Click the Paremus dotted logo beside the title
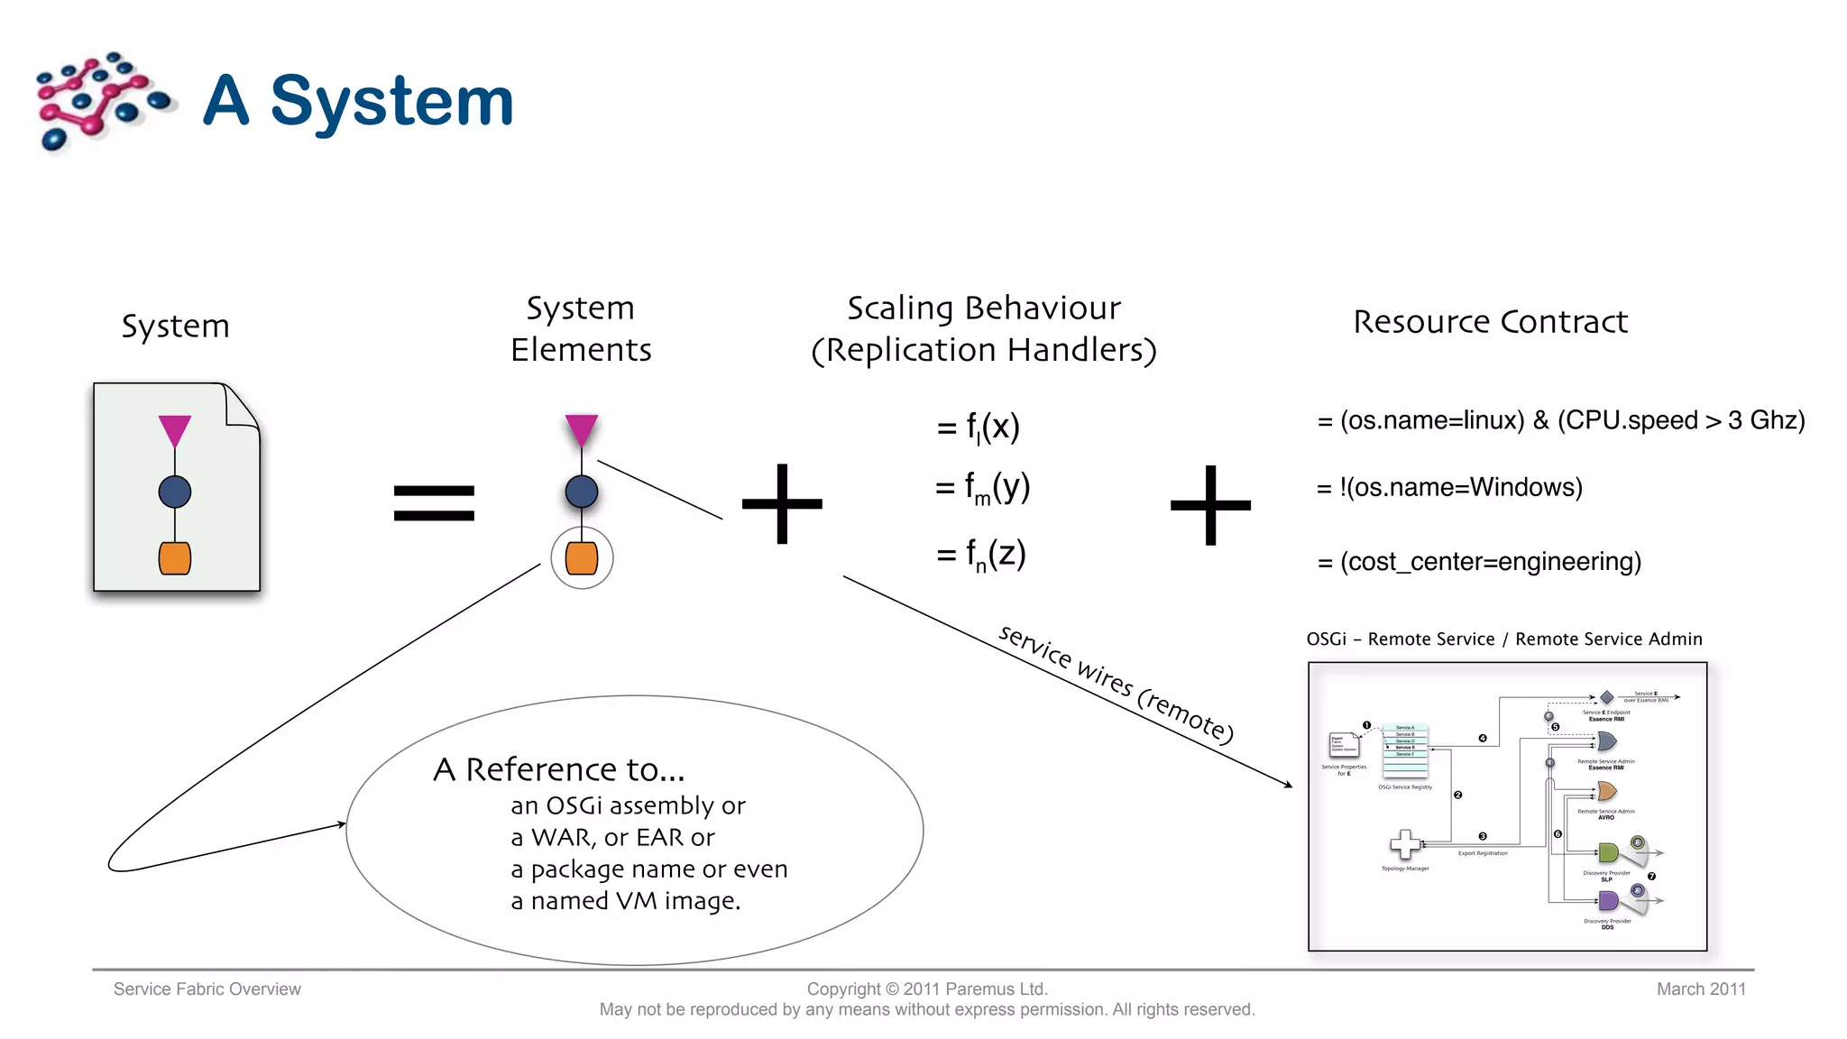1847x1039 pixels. click(x=101, y=101)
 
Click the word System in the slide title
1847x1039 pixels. click(x=391, y=101)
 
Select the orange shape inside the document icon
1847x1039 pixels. click(x=174, y=558)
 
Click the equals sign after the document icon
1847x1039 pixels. click(x=434, y=502)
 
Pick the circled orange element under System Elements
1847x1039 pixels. click(x=582, y=558)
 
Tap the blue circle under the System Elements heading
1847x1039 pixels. click(x=582, y=492)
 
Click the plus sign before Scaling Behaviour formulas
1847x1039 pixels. click(x=782, y=503)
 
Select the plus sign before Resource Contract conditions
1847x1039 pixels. click(x=1210, y=505)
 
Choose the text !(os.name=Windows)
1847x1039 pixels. click(x=1460, y=488)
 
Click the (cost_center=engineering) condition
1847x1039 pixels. click(x=1490, y=562)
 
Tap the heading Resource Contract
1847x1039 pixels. click(x=1490, y=322)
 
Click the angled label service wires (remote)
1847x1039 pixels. click(x=1116, y=684)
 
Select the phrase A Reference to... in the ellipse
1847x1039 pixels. click(x=558, y=769)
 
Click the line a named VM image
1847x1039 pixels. click(x=625, y=901)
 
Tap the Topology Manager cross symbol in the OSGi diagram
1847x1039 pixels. click(x=1404, y=844)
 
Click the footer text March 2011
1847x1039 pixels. click(x=1700, y=989)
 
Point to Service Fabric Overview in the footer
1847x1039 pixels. click(x=207, y=989)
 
